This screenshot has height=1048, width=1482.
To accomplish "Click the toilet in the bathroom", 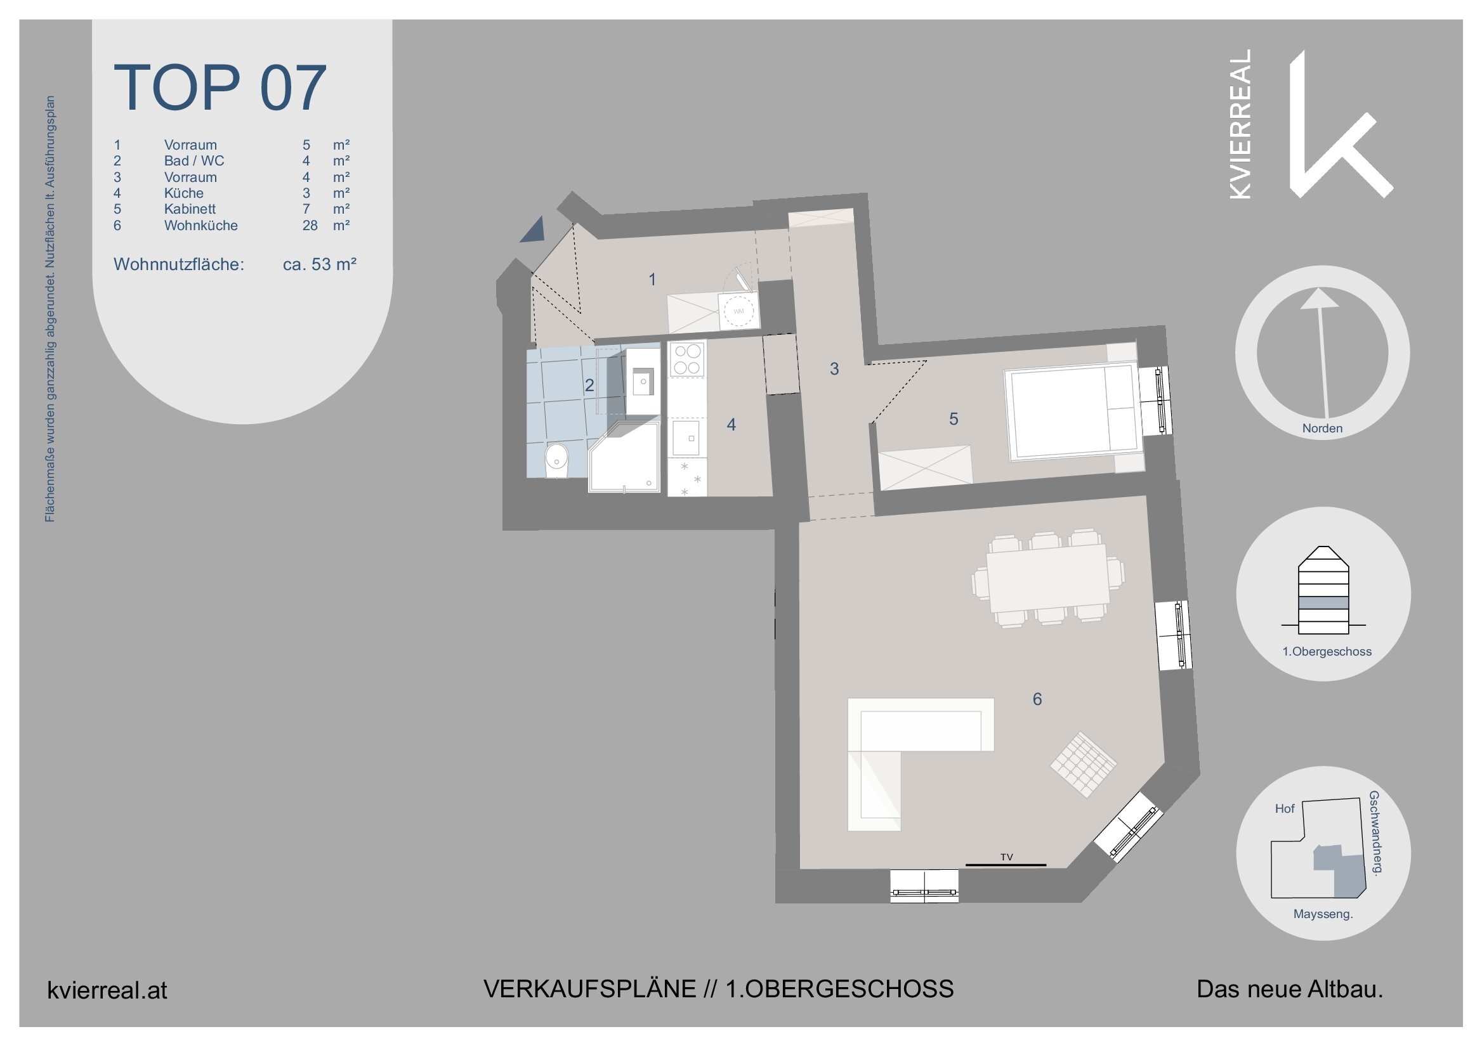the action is [x=556, y=460].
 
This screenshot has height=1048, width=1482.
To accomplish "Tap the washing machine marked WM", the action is [x=738, y=311].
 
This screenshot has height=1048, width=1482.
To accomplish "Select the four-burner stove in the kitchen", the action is [x=687, y=359].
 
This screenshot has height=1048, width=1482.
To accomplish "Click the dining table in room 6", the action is [x=1048, y=578].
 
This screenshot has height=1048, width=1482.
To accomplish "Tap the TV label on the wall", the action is [x=1006, y=857].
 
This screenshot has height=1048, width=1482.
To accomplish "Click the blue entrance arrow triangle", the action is [x=535, y=230].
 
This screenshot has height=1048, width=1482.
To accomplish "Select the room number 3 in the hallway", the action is [x=834, y=368].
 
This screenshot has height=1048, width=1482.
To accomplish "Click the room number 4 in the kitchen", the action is [x=731, y=424].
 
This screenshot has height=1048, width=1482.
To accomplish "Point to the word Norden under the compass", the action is [x=1322, y=428].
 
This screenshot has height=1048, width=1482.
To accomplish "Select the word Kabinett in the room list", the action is [x=190, y=209].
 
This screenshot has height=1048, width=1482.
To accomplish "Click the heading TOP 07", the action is [x=220, y=87].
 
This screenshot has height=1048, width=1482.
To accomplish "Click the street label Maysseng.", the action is [x=1323, y=914].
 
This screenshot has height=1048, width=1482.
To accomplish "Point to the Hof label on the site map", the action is [x=1285, y=808].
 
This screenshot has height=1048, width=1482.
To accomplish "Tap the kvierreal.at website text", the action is [x=107, y=990].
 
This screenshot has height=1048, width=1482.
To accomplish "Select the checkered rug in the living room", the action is [x=1083, y=764].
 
